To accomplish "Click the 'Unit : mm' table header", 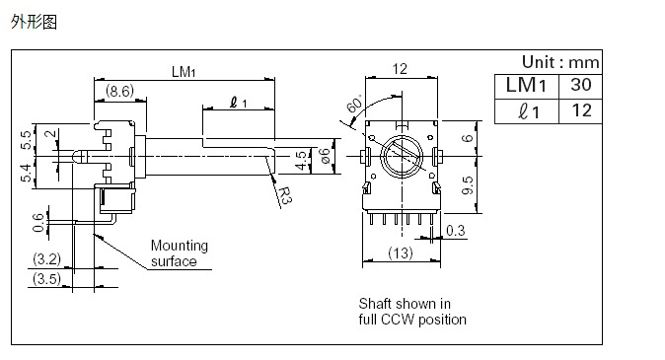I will click(x=559, y=61).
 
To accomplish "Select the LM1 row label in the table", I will click(x=526, y=85).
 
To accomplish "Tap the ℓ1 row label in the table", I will click(x=526, y=110).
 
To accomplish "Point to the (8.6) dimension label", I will click(x=120, y=91).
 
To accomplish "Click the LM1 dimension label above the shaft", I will click(x=184, y=71).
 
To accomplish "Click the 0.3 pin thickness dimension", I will click(x=457, y=231).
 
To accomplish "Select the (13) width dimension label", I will click(x=401, y=254).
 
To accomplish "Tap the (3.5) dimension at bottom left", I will click(x=45, y=280).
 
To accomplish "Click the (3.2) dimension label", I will click(x=45, y=260).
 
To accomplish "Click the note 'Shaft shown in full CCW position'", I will click(x=411, y=312).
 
